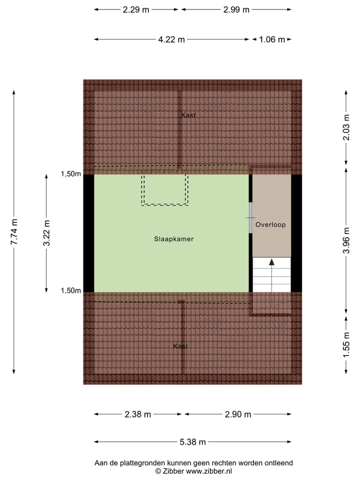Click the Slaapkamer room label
pyautogui.click(x=173, y=239)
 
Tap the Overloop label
pyautogui.click(x=270, y=225)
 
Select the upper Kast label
pyautogui.click(x=188, y=115)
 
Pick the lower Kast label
pyautogui.click(x=180, y=346)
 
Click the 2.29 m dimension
pyautogui.click(x=136, y=9)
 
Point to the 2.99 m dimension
pyautogui.click(x=236, y=9)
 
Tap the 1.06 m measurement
pyautogui.click(x=272, y=39)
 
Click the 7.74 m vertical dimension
pyautogui.click(x=14, y=232)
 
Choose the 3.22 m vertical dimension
pyautogui.click(x=46, y=233)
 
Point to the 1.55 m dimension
pyautogui.click(x=345, y=344)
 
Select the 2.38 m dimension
pyautogui.click(x=138, y=414)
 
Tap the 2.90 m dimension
pyautogui.click(x=238, y=414)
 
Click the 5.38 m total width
pyautogui.click(x=192, y=442)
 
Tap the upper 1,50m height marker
pyautogui.click(x=70, y=174)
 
